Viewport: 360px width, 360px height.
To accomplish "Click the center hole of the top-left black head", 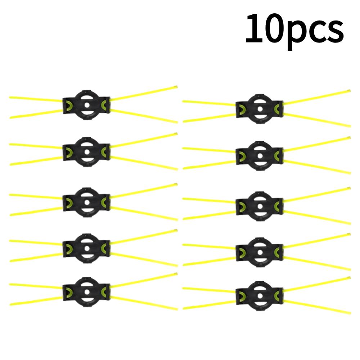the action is pos(87,105).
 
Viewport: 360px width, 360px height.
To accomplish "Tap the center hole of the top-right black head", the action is pos(260,109).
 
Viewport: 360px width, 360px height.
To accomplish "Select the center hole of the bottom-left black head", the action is pos(87,292).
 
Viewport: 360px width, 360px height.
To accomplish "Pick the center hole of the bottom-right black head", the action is pos(260,296).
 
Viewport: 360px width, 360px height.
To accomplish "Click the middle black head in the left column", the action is pos(86,202).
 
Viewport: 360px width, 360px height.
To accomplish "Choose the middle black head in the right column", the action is pos(260,206).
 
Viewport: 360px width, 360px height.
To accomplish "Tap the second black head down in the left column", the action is pos(86,152).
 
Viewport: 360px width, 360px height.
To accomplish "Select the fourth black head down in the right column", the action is pos(260,252).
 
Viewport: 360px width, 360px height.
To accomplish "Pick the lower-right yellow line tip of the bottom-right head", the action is pos(350,313).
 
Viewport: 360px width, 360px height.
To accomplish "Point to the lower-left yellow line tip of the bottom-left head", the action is pos(10,305).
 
